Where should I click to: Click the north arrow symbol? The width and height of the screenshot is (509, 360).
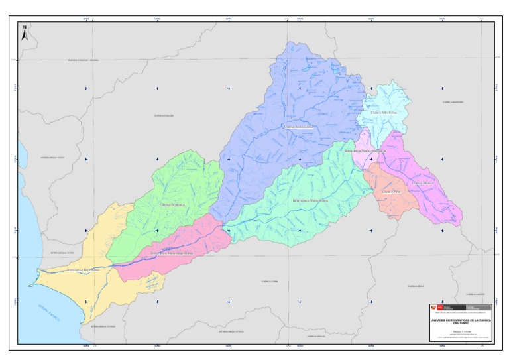click(x=25, y=34)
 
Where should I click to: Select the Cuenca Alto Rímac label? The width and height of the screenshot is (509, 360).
click(x=385, y=113)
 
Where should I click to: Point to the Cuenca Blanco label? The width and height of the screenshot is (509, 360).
click(x=422, y=182)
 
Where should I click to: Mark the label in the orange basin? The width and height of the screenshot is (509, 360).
click(x=392, y=192)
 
